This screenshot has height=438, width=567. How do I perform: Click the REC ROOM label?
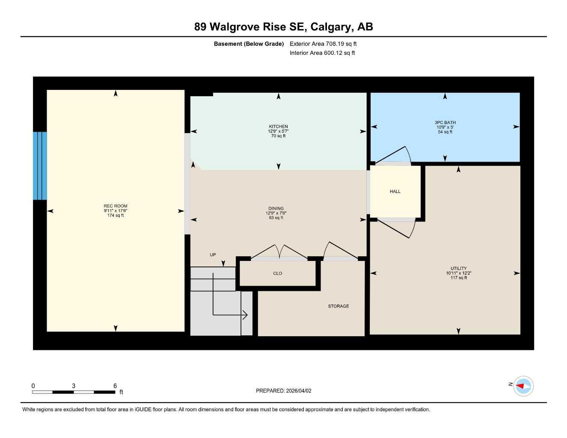[115, 206]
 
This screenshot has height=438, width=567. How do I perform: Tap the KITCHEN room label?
[278, 127]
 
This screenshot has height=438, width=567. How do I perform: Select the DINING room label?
[276, 209]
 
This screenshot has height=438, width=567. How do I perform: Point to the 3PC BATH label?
[445, 123]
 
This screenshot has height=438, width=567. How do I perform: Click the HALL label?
[395, 192]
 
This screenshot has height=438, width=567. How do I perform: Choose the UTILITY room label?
[458, 269]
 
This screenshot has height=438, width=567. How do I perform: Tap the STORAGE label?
[338, 306]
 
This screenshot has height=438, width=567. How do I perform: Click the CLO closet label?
[277, 273]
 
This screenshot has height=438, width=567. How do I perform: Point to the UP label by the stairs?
[213, 255]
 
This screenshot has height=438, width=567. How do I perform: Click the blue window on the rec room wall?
[40, 166]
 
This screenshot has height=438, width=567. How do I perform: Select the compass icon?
[523, 386]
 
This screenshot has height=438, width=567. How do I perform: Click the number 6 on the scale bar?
[115, 386]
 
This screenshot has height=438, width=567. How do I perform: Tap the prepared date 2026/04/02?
[299, 391]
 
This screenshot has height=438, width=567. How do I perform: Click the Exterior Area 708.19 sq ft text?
[323, 44]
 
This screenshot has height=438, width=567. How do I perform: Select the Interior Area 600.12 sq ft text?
[322, 53]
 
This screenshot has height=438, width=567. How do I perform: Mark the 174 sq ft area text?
[115, 216]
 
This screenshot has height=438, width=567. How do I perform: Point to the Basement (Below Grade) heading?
[249, 44]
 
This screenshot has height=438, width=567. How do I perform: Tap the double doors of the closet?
[279, 252]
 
